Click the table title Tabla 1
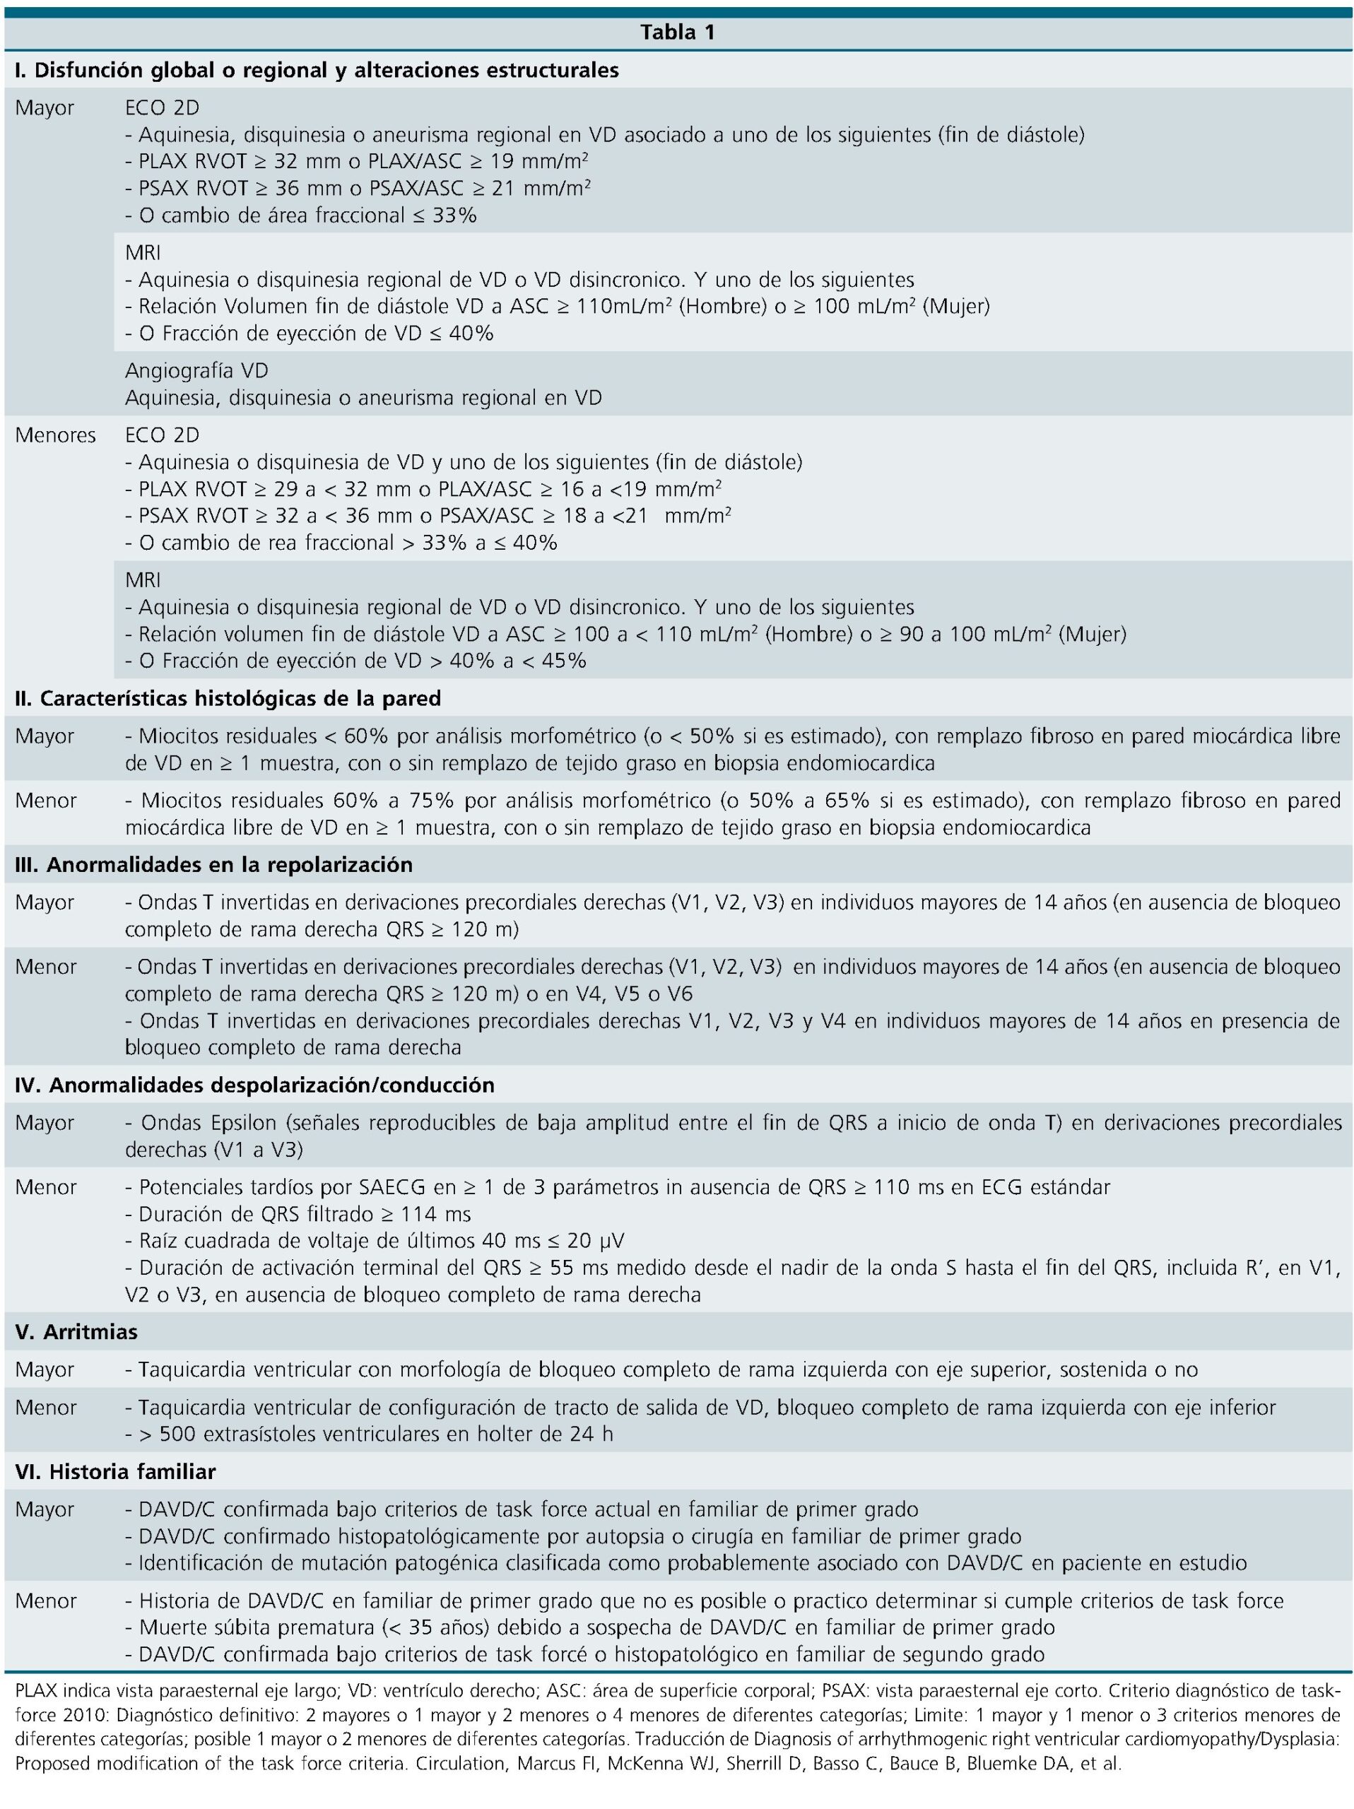point(677,32)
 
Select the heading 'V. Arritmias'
point(76,1331)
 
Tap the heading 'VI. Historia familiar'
point(115,1472)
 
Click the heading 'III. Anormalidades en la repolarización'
point(213,864)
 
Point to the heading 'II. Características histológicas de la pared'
point(228,698)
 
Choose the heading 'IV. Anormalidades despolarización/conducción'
point(254,1085)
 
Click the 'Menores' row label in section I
point(55,435)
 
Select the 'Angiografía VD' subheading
point(196,370)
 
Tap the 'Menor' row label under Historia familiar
point(45,1601)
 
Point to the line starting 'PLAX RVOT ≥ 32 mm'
point(358,161)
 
